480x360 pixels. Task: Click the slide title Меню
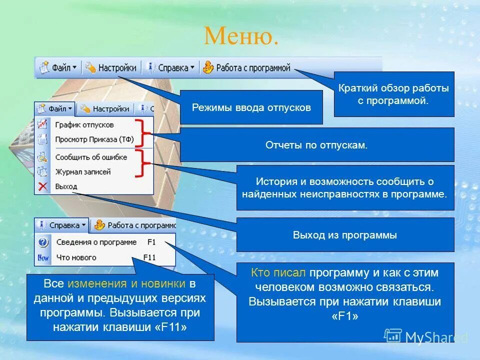point(241,36)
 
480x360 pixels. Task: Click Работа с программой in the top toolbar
point(246,67)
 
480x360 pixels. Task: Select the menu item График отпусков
point(84,124)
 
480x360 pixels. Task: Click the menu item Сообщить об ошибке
point(91,157)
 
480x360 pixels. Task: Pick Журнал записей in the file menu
point(82,171)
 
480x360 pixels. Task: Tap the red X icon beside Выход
point(42,186)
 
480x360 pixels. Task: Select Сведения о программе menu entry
point(96,242)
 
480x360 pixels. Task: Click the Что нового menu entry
point(76,257)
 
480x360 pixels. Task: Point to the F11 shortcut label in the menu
point(150,257)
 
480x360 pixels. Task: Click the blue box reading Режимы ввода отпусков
point(251,107)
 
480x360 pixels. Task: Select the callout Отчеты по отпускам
point(316,145)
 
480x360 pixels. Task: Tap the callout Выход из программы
point(345,235)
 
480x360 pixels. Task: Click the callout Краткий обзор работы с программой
point(393,94)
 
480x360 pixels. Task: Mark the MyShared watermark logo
point(425,336)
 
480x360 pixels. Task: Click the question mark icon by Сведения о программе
point(43,242)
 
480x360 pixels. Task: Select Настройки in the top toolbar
point(111,67)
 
